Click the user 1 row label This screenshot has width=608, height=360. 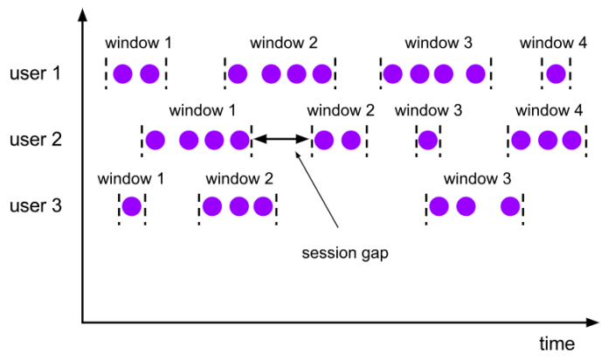click(36, 73)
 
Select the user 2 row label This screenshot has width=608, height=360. click(36, 140)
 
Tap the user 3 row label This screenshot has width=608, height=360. click(36, 207)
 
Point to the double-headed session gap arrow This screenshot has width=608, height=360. click(281, 140)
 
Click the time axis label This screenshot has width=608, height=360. click(556, 342)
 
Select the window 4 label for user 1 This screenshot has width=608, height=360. click(553, 43)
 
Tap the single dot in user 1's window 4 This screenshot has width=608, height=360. click(555, 74)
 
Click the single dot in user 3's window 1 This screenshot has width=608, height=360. click(131, 207)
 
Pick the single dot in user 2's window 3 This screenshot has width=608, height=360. click(427, 140)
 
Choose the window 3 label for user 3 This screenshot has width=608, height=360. click(477, 179)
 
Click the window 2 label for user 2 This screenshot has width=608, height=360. click(341, 111)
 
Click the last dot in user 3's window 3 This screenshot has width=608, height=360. click(510, 207)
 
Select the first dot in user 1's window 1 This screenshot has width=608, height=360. click(122, 74)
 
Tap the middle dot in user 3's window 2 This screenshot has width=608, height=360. click(238, 207)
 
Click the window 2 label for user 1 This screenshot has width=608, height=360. click(283, 43)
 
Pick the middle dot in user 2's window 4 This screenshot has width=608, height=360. click(548, 140)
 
